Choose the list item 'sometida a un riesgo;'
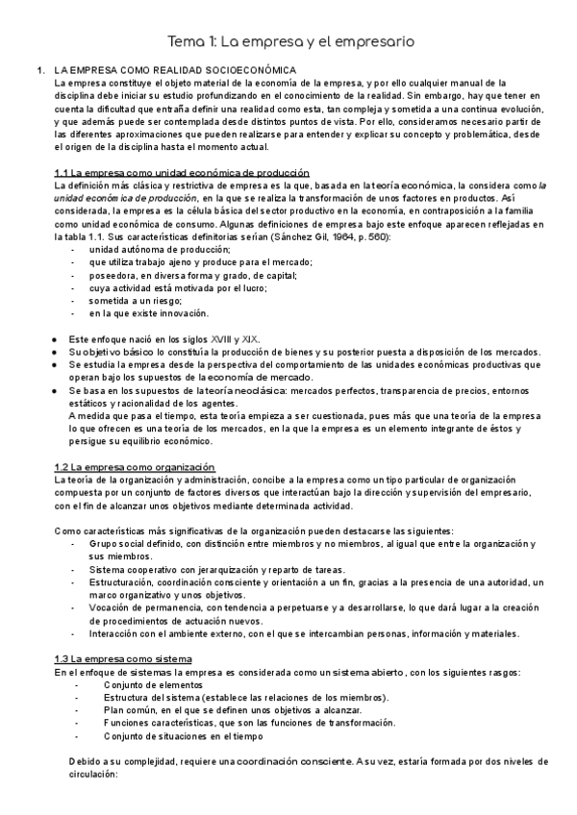pos(135,301)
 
